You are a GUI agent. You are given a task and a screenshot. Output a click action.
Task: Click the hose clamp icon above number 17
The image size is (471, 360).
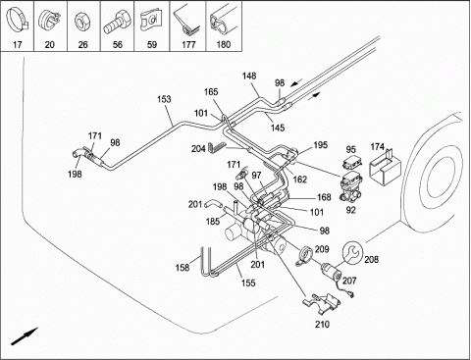click(17, 21)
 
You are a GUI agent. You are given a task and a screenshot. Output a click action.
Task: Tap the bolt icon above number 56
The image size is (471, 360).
click(117, 22)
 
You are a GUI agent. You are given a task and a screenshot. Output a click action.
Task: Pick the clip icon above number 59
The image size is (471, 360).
click(150, 21)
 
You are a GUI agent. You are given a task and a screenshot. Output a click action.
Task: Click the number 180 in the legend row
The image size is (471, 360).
click(224, 44)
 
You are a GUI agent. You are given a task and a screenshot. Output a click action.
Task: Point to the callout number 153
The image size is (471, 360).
click(164, 99)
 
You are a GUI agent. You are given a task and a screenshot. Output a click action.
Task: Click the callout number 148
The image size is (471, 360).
click(249, 77)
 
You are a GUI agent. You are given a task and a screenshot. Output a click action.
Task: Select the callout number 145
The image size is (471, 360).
click(278, 128)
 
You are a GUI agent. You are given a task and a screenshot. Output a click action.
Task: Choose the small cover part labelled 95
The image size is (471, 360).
click(350, 162)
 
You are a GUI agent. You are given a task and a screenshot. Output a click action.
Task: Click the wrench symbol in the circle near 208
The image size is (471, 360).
click(352, 252)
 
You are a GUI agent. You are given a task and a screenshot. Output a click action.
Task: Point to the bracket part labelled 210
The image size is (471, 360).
click(323, 303)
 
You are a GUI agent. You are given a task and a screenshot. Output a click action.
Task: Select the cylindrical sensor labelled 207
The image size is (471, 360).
click(331, 271)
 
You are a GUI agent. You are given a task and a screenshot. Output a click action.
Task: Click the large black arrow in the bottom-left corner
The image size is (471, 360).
click(25, 336)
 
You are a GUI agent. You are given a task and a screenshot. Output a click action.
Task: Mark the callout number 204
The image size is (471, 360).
click(198, 149)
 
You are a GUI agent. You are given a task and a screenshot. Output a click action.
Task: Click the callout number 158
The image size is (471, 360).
click(183, 268)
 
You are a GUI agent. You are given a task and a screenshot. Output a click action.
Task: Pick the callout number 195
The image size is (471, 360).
click(320, 145)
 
